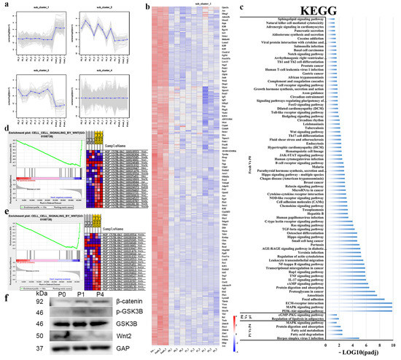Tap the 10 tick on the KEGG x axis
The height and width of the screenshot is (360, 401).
tap(392, 343)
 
